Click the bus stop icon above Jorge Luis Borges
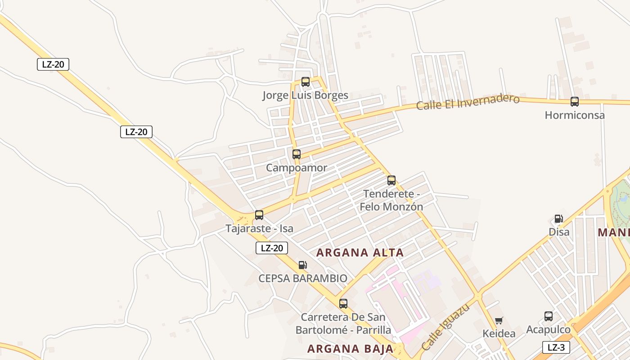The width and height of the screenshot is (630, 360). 306,82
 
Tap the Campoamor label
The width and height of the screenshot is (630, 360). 297,168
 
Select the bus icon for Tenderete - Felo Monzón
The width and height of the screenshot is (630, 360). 391,180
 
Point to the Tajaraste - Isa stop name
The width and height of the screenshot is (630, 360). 259,229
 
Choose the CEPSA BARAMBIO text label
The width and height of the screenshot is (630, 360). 303,279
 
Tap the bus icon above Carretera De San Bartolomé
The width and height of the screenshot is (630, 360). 343,304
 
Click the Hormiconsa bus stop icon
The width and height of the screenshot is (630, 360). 575,102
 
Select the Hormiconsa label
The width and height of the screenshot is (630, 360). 575,115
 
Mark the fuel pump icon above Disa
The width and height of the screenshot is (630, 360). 558,219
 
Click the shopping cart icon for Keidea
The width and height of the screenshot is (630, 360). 499,321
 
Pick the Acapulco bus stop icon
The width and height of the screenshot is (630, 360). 549,316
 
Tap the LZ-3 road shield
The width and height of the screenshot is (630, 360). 556,347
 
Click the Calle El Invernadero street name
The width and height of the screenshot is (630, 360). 468,102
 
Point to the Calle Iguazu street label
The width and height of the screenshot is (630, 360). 445,328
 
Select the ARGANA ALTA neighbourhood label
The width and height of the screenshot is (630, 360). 360,253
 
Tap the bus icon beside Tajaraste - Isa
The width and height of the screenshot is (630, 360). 259,215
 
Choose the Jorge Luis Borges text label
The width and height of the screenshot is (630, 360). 306,95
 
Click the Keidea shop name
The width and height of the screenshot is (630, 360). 499,334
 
